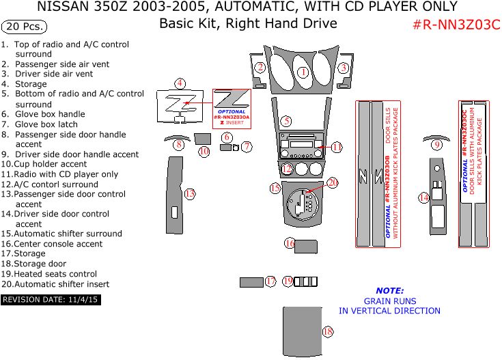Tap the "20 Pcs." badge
point(24,27)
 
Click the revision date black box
point(51,299)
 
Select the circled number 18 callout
point(328,332)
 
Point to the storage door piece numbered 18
point(301,331)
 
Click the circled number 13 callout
point(190,194)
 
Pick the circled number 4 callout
point(180,83)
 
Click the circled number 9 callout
point(436,144)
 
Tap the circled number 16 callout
point(290,243)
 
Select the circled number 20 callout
point(333,182)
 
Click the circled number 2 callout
point(260,67)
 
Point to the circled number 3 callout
point(344,68)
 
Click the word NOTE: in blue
point(389,290)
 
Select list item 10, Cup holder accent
point(44,164)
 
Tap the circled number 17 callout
point(271,281)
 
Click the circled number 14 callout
point(424,197)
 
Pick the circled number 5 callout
point(287,121)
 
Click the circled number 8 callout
point(179,144)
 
